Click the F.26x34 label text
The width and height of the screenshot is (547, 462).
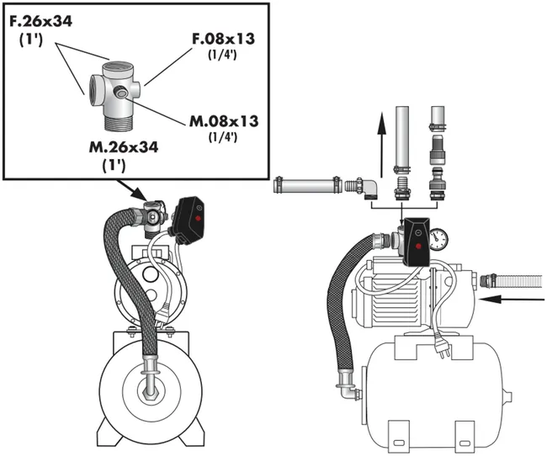click(x=40, y=21)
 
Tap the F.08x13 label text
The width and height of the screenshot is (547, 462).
click(x=223, y=39)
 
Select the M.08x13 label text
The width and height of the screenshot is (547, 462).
click(x=224, y=121)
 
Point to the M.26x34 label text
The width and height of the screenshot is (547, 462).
click(x=124, y=147)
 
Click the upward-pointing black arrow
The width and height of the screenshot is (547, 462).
click(x=382, y=145)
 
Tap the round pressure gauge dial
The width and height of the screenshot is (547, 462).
click(x=438, y=239)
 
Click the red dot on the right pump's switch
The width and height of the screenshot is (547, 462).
click(x=417, y=247)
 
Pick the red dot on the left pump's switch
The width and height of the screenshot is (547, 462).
click(x=198, y=219)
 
